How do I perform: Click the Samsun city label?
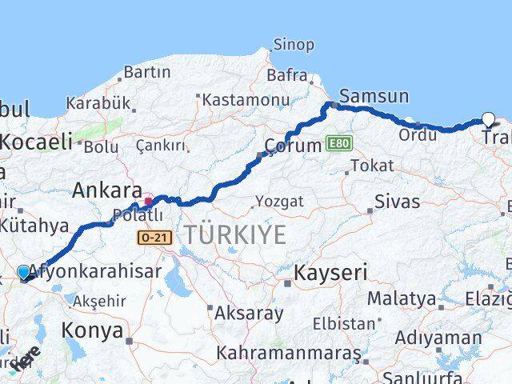pyautogui.click(x=374, y=97)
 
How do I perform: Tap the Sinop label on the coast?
pyautogui.click(x=294, y=44)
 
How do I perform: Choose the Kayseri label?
pyautogui.click(x=330, y=274)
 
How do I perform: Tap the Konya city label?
pyautogui.click(x=92, y=330)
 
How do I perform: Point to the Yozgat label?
pyautogui.click(x=279, y=202)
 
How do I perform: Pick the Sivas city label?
pyautogui.click(x=397, y=200)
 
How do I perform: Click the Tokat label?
pyautogui.click(x=372, y=166)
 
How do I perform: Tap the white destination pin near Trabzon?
pyautogui.click(x=488, y=121)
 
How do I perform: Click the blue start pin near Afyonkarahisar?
pyautogui.click(x=23, y=273)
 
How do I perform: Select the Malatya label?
pyautogui.click(x=402, y=299)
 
